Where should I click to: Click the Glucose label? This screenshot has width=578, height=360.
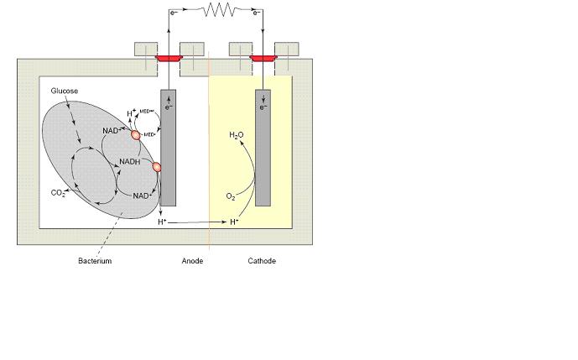pyautogui.click(x=65, y=91)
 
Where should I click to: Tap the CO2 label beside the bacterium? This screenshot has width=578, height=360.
pyautogui.click(x=58, y=193)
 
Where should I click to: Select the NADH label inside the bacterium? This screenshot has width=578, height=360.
pyautogui.click(x=130, y=162)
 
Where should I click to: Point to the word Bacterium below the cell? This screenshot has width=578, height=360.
pyautogui.click(x=95, y=261)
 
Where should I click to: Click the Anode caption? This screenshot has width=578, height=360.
pyautogui.click(x=193, y=261)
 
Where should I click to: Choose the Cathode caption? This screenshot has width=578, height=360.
pyautogui.click(x=262, y=261)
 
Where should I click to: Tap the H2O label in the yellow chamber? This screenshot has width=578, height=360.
pyautogui.click(x=237, y=135)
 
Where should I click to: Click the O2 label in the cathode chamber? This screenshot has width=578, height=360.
pyautogui.click(x=231, y=196)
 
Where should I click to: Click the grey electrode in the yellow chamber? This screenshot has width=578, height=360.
pyautogui.click(x=263, y=147)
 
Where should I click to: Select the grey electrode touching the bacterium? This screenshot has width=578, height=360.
pyautogui.click(x=168, y=147)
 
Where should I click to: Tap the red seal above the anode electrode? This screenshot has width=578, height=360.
pyautogui.click(x=168, y=58)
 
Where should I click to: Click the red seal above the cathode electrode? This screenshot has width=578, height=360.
pyautogui.click(x=263, y=58)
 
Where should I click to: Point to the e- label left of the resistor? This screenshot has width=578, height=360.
pyautogui.click(x=174, y=13)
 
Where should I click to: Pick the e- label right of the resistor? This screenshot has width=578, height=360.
pyautogui.click(x=258, y=13)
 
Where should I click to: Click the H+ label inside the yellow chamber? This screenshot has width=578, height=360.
pyautogui.click(x=235, y=222)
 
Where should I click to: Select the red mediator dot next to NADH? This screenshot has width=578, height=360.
pyautogui.click(x=156, y=166)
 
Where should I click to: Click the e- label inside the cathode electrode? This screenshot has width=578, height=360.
pyautogui.click(x=263, y=107)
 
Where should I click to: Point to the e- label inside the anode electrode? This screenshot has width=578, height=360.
pyautogui.click(x=169, y=107)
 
